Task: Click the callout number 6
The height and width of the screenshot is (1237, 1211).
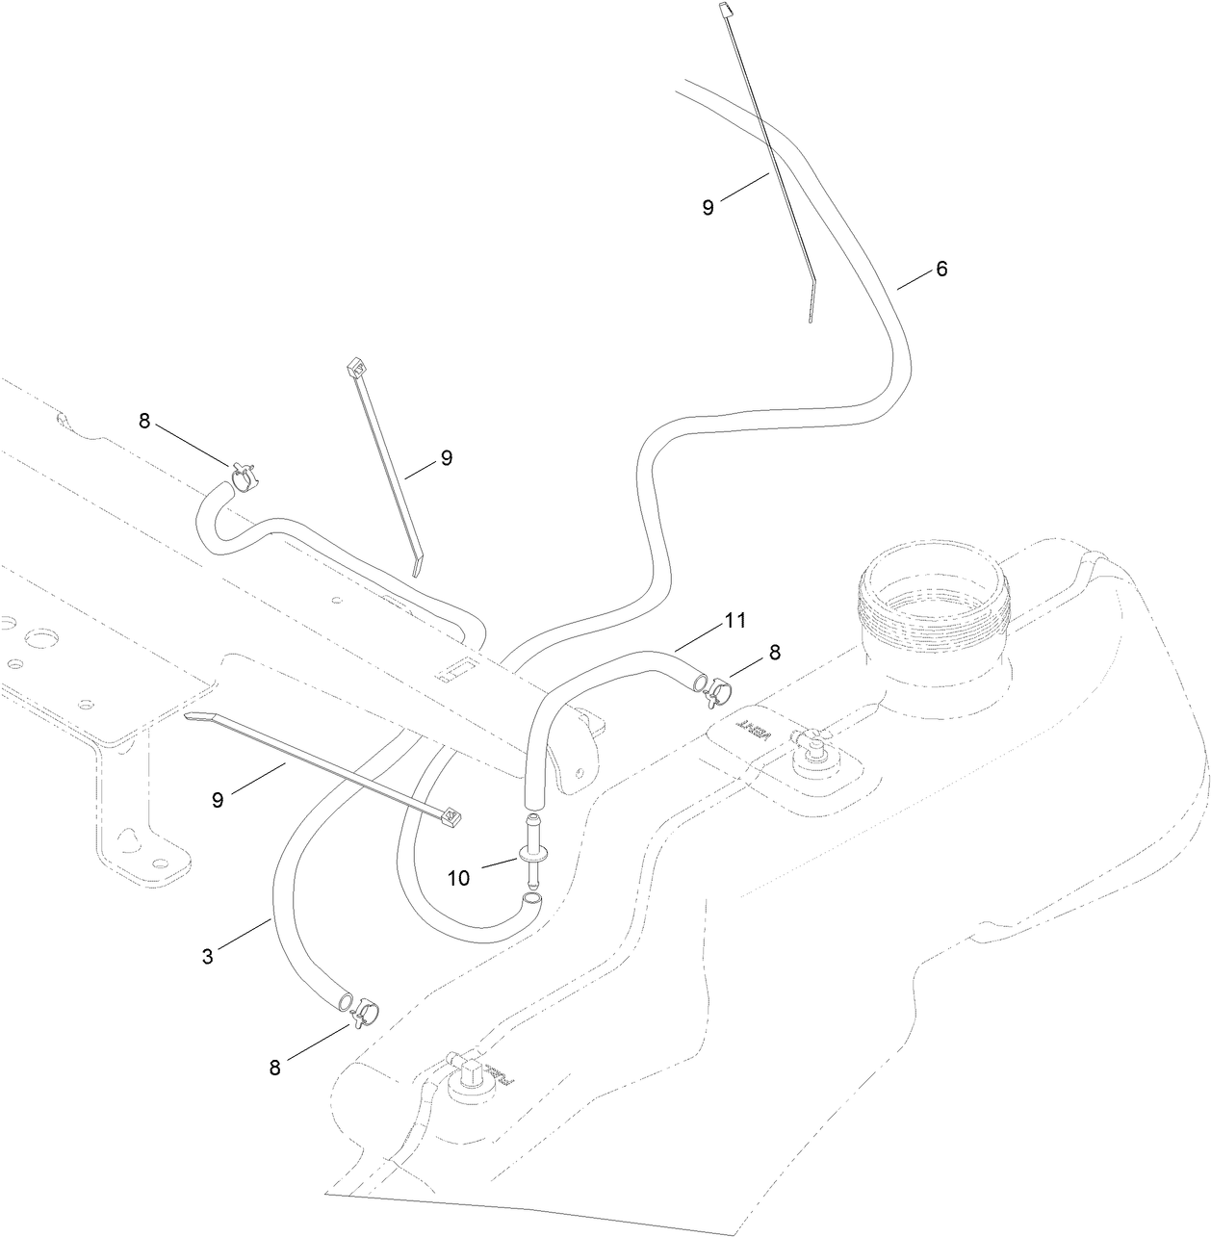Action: [941, 270]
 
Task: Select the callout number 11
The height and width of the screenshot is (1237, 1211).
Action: [735, 622]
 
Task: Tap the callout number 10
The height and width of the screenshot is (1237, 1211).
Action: [458, 877]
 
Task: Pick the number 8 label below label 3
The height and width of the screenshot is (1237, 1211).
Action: [275, 1068]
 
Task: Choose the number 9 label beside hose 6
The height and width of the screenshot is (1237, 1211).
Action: [708, 207]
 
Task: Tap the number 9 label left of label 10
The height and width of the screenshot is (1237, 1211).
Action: [218, 799]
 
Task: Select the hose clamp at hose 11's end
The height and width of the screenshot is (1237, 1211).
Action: [718, 687]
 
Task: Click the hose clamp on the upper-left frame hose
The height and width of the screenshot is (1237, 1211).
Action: [243, 472]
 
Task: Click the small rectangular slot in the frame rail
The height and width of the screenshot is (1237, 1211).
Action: [457, 669]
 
